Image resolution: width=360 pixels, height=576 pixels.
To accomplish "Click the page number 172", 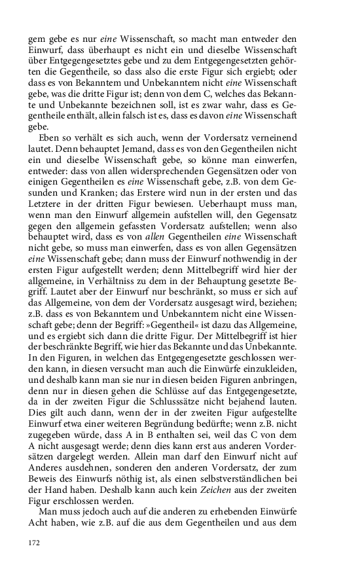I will [x=34, y=543].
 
